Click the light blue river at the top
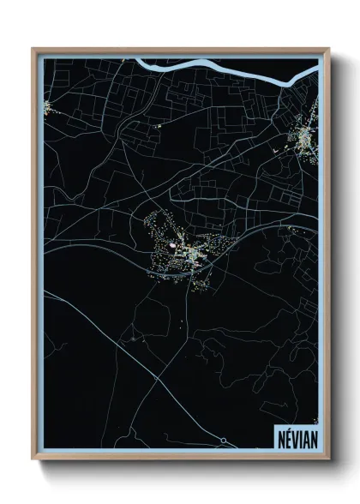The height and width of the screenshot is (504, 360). (x=214, y=65)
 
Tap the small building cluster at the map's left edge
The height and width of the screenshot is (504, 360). (x=46, y=107)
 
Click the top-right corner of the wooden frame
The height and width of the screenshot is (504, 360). (x=328, y=49)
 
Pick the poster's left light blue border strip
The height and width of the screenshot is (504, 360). (x=40, y=257)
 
